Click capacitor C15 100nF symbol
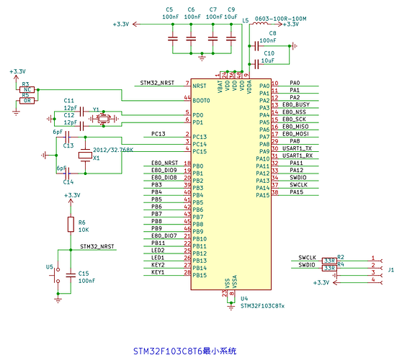click(x=71, y=274)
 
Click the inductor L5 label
click(x=246, y=20)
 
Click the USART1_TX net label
click(x=297, y=148)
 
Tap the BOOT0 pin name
click(x=202, y=99)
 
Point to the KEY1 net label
click(x=158, y=272)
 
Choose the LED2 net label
click(x=158, y=250)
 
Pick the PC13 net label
click(x=158, y=134)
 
